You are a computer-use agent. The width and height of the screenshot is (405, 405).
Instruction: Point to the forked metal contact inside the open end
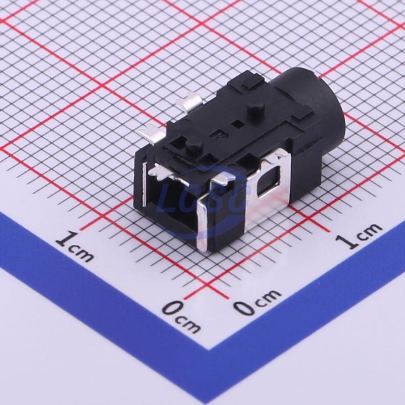[165, 174]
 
